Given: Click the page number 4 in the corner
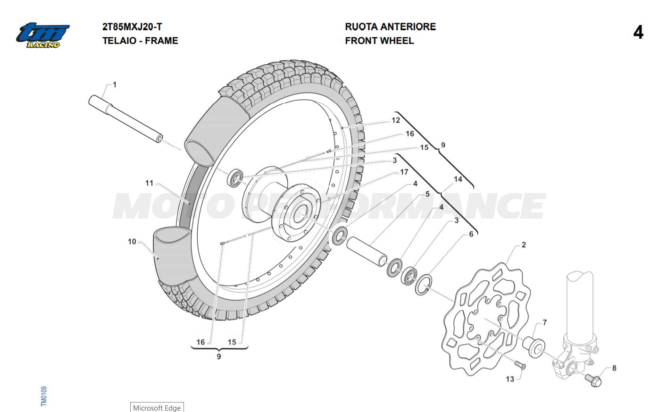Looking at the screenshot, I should (638, 33).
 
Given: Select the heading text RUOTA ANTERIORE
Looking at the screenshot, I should (390, 27).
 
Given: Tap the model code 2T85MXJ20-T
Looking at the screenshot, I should (132, 27).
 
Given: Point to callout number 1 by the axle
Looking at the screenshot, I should (115, 85).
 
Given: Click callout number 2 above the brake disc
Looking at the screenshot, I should (524, 245).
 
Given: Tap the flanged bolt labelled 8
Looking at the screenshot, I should (592, 379).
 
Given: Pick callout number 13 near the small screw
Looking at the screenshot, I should (510, 379).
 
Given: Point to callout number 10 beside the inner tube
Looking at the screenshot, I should (132, 242).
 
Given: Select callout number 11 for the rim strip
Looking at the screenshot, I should (150, 183).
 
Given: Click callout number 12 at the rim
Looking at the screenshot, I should (395, 120).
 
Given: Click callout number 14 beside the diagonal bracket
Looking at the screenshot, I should (458, 179).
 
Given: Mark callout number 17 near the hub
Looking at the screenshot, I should (404, 172).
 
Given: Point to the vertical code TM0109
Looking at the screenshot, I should (44, 396).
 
